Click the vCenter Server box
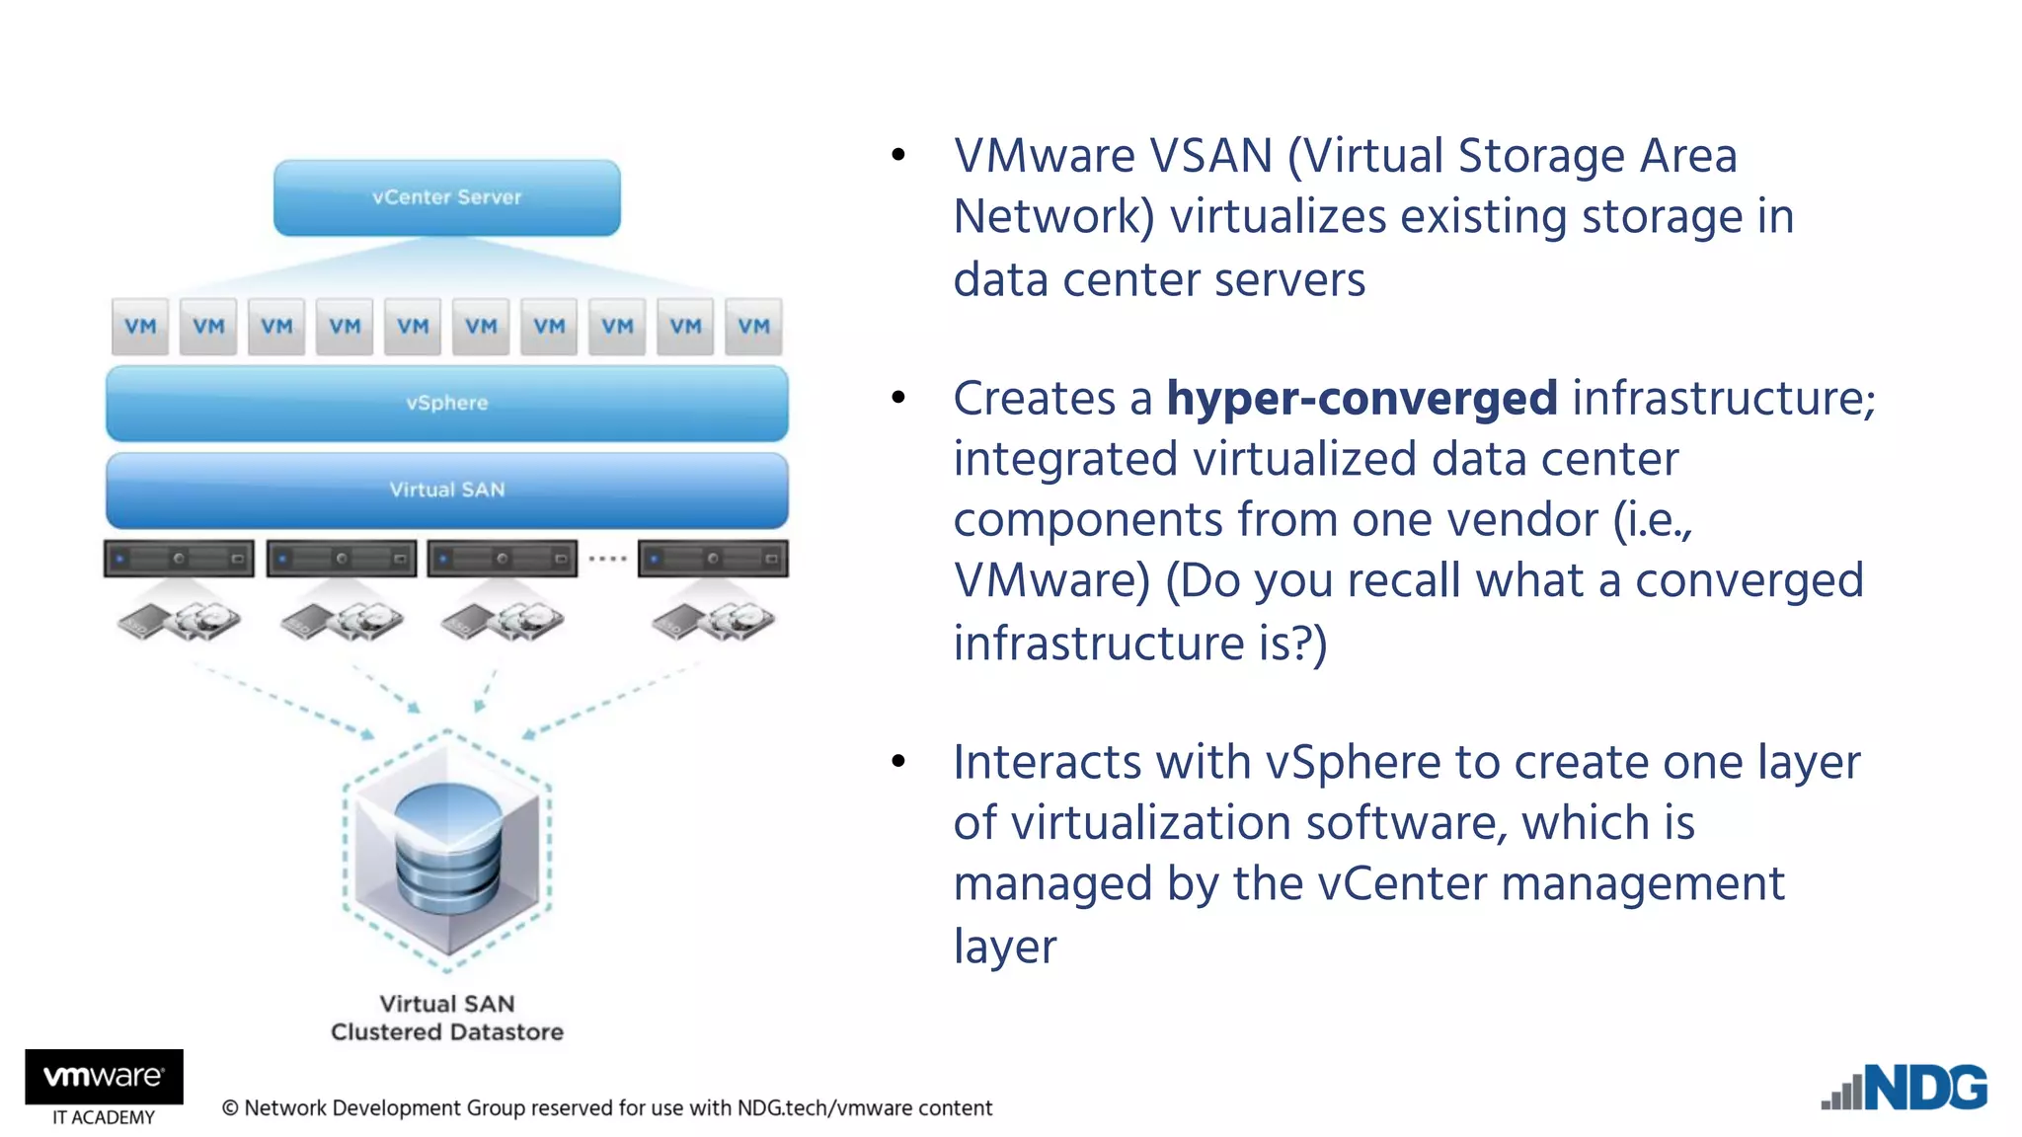coord(446,197)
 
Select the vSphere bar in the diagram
coord(446,403)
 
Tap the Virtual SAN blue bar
coord(446,490)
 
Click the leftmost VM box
coord(140,327)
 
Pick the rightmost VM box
coord(753,327)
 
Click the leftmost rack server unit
coord(179,559)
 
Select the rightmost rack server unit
coord(713,559)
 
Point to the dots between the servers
coord(607,559)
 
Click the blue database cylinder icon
coord(447,849)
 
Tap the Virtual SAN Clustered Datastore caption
coord(446,1018)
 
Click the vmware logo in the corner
coord(104,1076)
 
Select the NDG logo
coord(1905,1088)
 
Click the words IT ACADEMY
coord(104,1117)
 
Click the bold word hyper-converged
coord(1361,398)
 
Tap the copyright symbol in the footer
coord(230,1108)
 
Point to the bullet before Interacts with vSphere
coord(897,761)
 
